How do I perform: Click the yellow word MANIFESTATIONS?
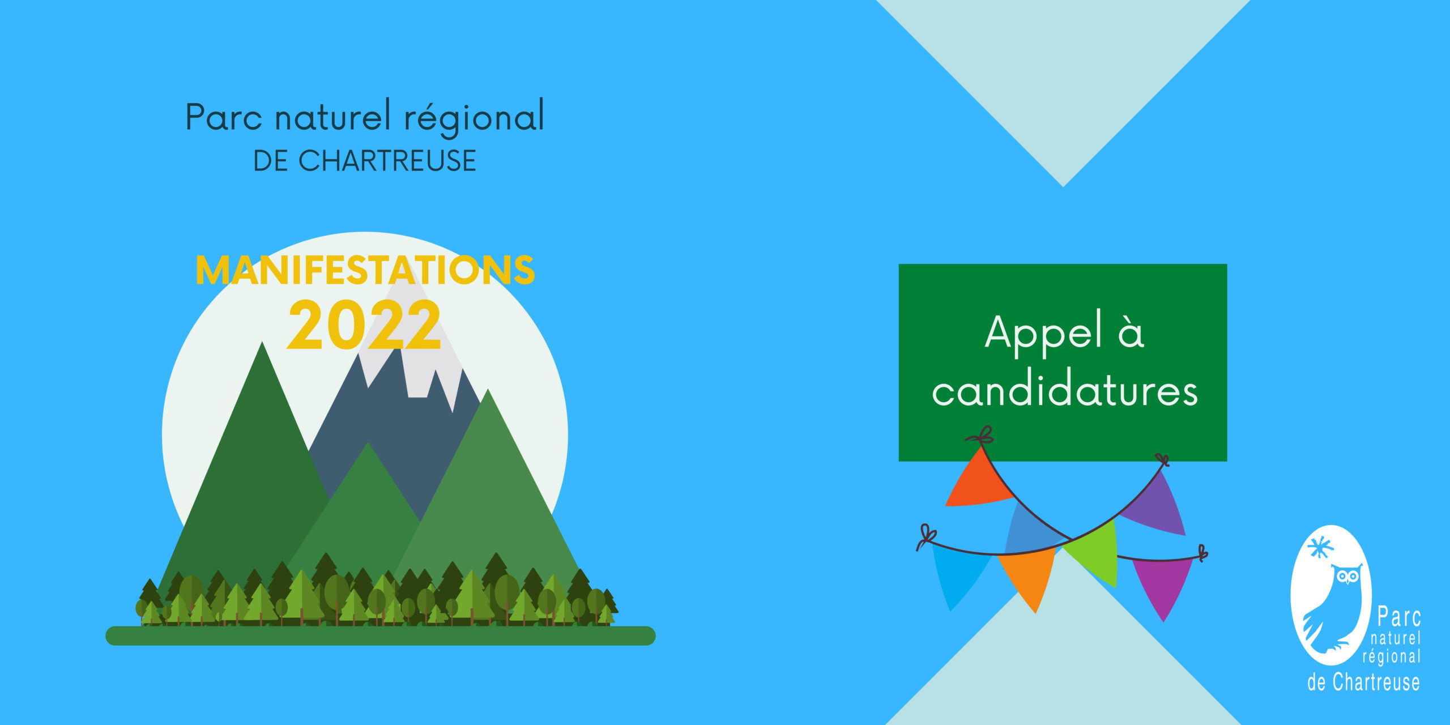click(x=365, y=270)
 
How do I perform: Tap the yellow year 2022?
click(x=364, y=325)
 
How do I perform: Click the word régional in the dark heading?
click(x=474, y=117)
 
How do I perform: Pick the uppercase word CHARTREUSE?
click(x=387, y=161)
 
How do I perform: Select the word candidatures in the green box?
click(x=1065, y=391)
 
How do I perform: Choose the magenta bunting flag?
click(x=1162, y=586)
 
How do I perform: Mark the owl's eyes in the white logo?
click(x=1348, y=577)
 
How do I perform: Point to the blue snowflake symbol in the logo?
click(x=1320, y=547)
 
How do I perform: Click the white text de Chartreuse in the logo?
click(x=1363, y=682)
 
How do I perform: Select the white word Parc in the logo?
click(x=1399, y=616)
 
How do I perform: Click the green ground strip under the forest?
click(x=381, y=636)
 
